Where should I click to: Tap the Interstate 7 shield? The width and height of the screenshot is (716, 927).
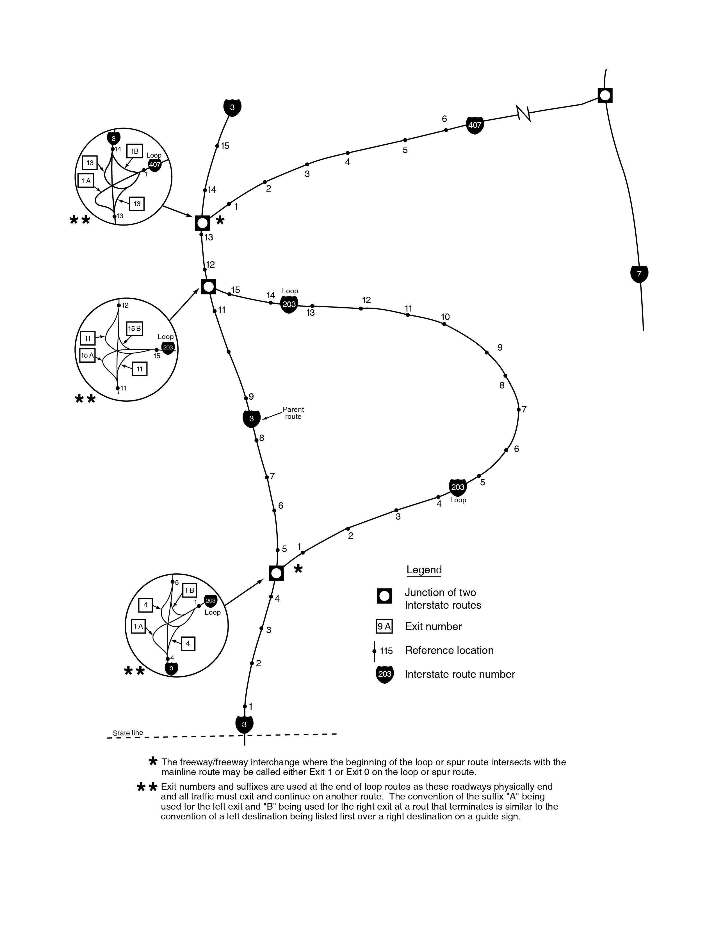[639, 274]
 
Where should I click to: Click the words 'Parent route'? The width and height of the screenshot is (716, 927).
[293, 413]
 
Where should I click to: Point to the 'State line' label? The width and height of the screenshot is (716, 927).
[128, 733]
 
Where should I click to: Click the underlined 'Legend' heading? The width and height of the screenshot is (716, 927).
[424, 570]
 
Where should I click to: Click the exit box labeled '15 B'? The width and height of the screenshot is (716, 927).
[134, 329]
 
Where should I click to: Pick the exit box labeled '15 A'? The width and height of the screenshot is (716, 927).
[87, 355]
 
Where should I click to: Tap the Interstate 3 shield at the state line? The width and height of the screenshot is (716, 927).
[244, 724]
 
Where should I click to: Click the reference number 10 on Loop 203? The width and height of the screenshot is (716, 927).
[445, 317]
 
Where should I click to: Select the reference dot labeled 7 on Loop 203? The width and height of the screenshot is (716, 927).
[518, 410]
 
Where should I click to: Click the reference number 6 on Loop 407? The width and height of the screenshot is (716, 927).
[444, 119]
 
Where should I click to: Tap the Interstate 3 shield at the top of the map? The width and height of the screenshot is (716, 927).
[232, 107]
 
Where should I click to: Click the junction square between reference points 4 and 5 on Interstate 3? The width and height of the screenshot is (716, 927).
[276, 573]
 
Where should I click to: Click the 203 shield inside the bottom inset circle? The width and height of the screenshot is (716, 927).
[211, 601]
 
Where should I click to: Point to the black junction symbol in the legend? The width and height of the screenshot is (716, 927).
[384, 596]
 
